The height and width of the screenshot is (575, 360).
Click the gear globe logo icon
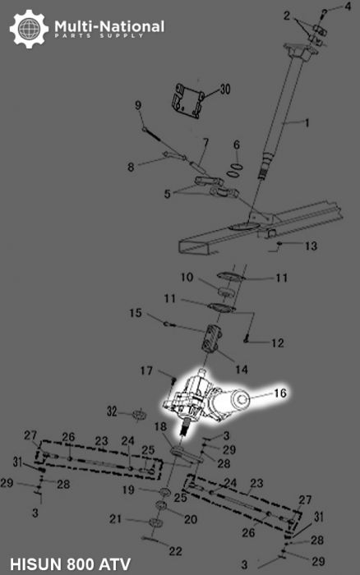(29, 30)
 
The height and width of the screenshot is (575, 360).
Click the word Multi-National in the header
(109, 26)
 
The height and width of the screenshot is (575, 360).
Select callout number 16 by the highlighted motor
(279, 394)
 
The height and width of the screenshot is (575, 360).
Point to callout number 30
(225, 89)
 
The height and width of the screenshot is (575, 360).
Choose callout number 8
(130, 167)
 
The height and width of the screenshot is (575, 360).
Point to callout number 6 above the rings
(236, 145)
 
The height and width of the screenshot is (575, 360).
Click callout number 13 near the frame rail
(310, 246)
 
